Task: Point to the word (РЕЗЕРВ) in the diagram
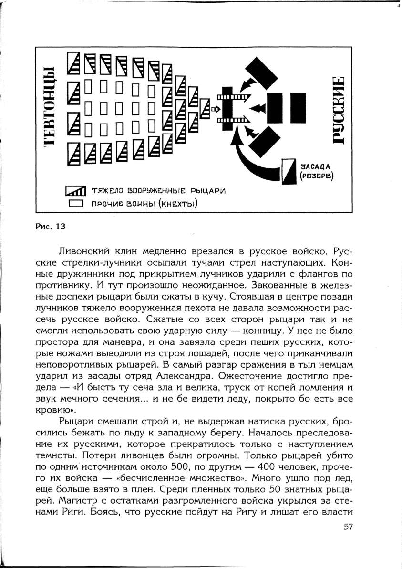[316, 176]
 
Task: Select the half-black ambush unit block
[288, 171]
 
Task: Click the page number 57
[348, 527]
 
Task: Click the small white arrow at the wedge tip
[214, 109]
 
